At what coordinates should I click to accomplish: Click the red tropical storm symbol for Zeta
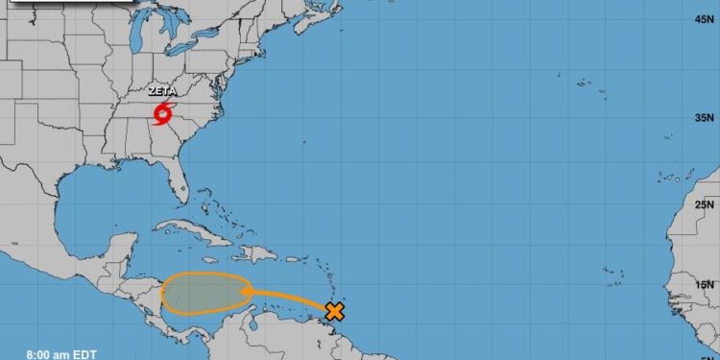pos(160,114)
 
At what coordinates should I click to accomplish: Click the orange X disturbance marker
pos(334,311)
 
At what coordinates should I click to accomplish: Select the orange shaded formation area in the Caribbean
pos(204,294)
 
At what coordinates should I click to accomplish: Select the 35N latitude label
pos(705,117)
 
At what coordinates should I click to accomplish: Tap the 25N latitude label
pos(705,204)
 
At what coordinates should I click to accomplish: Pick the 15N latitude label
pos(705,284)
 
